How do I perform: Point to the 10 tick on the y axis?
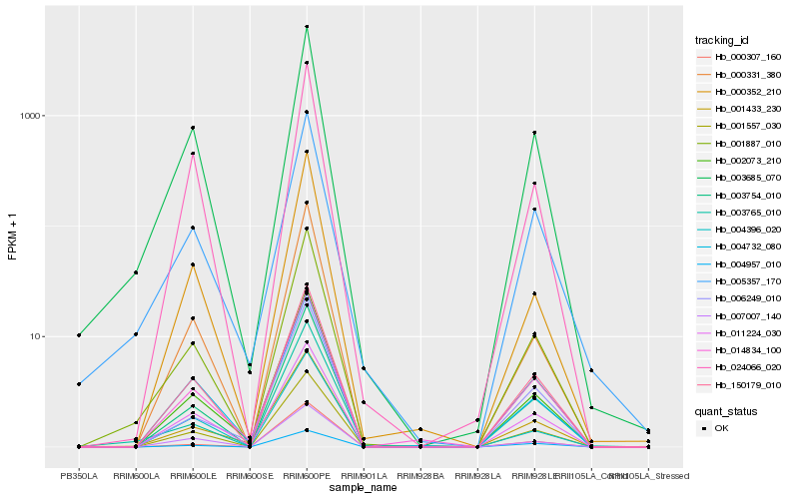pyautogui.click(x=40, y=336)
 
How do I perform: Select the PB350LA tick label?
pyautogui.click(x=79, y=476)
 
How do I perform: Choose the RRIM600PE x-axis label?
pyautogui.click(x=307, y=476)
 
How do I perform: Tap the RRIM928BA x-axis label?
pyautogui.click(x=420, y=476)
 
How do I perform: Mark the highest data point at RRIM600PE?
pyautogui.click(x=307, y=27)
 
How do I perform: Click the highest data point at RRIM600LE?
pyautogui.click(x=193, y=128)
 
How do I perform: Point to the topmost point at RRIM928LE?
pyautogui.click(x=534, y=133)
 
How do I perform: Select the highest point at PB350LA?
pyautogui.click(x=79, y=335)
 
